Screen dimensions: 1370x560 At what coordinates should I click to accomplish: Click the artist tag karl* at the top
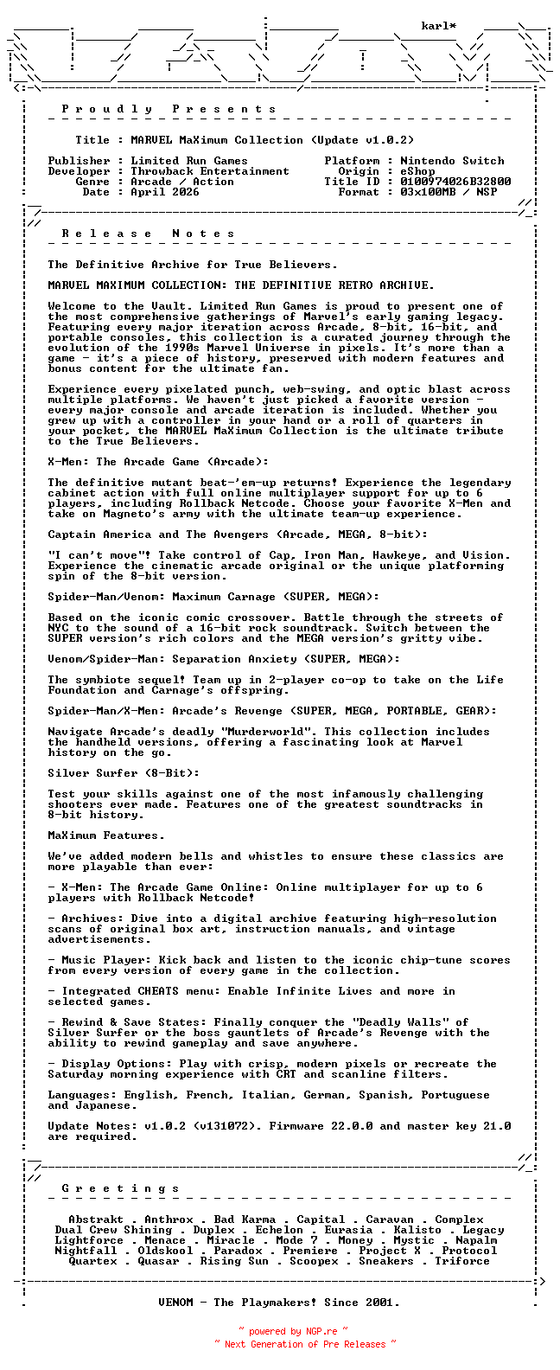click(x=439, y=26)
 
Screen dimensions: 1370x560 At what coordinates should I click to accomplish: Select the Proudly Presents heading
click(x=169, y=109)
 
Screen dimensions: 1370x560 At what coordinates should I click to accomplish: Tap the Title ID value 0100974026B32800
click(x=455, y=182)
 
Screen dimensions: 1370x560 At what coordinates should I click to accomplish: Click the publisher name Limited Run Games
click(x=189, y=161)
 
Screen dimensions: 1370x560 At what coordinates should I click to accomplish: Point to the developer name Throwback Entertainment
click(x=210, y=171)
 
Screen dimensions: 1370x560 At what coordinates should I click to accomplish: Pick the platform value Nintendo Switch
click(x=452, y=161)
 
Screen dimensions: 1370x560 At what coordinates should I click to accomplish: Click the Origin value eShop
click(x=417, y=171)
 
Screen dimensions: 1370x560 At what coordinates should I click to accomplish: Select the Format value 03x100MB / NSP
click(x=449, y=192)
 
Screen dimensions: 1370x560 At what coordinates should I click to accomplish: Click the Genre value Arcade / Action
click(x=182, y=182)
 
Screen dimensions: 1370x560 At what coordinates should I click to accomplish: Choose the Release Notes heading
click(x=149, y=234)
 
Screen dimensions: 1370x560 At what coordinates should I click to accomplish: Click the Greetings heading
click(x=121, y=1188)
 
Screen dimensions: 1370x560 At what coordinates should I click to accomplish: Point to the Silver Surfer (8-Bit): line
click(x=124, y=773)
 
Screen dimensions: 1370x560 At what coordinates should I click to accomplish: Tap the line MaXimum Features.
click(x=106, y=835)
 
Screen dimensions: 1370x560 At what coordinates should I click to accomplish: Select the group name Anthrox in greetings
click(x=169, y=1220)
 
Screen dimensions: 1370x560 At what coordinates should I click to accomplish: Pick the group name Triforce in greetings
click(x=462, y=1261)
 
